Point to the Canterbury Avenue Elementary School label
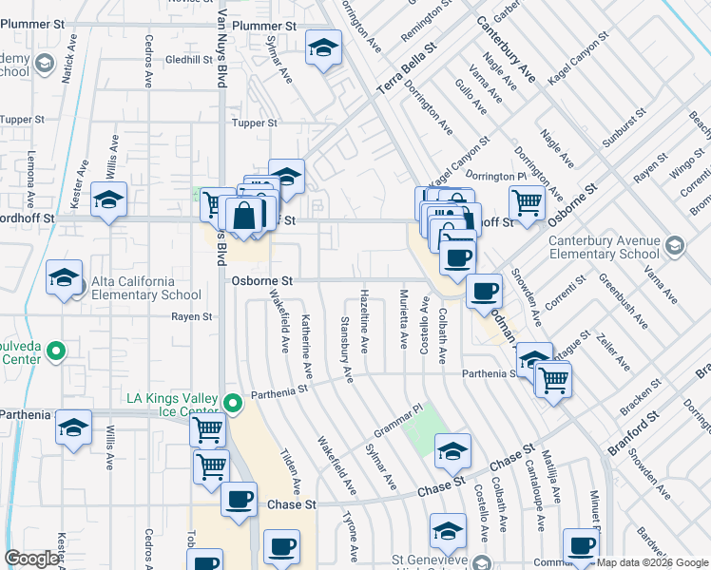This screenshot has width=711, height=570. click(604, 247)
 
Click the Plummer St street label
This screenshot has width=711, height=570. click(266, 27)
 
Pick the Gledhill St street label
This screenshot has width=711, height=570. click(188, 59)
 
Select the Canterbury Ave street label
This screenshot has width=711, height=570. click(506, 49)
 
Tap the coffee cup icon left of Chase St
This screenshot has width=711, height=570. click(239, 498)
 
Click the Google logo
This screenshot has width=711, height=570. click(32, 559)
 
